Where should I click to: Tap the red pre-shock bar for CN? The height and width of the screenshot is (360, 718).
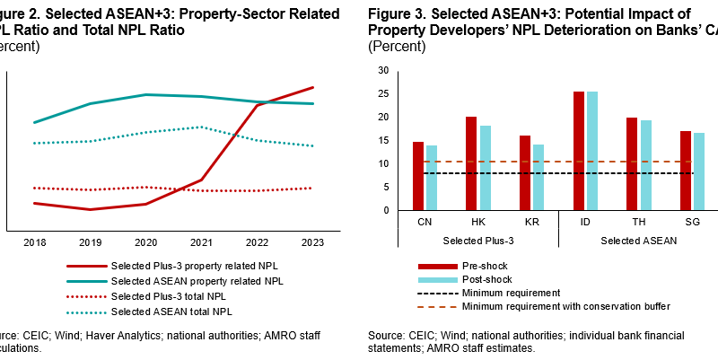pos(418,176)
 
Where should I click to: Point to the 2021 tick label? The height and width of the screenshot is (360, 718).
pos(201,243)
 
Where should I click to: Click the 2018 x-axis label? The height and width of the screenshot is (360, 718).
pos(35,243)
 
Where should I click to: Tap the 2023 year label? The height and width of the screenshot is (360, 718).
pos(312,243)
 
